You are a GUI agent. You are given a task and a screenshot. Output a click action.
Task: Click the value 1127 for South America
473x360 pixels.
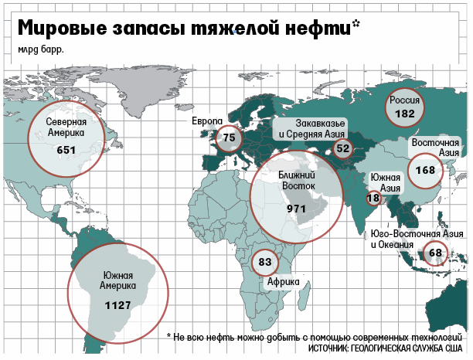point(117,305)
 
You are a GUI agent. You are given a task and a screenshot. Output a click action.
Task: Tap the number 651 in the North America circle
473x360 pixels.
point(66,149)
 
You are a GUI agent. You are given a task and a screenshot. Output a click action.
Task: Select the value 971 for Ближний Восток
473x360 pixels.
point(297,209)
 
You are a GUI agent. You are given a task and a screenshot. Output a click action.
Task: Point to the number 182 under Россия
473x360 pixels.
point(404,114)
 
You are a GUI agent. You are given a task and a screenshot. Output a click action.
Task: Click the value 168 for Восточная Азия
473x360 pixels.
point(424,170)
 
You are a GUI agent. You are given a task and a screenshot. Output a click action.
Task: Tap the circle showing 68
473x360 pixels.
point(435,253)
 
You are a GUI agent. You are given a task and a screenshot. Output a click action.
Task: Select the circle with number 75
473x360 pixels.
point(229,138)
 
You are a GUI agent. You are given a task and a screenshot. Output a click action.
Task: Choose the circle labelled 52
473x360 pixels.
point(343,148)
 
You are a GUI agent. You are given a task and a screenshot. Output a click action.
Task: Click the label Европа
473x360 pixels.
point(207,122)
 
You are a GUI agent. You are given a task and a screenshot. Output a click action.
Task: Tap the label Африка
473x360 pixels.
point(283,282)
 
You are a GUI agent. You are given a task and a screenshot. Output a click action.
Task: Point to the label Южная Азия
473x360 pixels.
point(385,182)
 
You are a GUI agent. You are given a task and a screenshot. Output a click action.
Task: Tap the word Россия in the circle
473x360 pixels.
point(404,100)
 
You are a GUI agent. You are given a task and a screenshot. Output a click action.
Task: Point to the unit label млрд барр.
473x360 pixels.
point(37,51)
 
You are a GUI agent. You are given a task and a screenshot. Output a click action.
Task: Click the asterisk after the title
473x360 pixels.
point(356,23)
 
